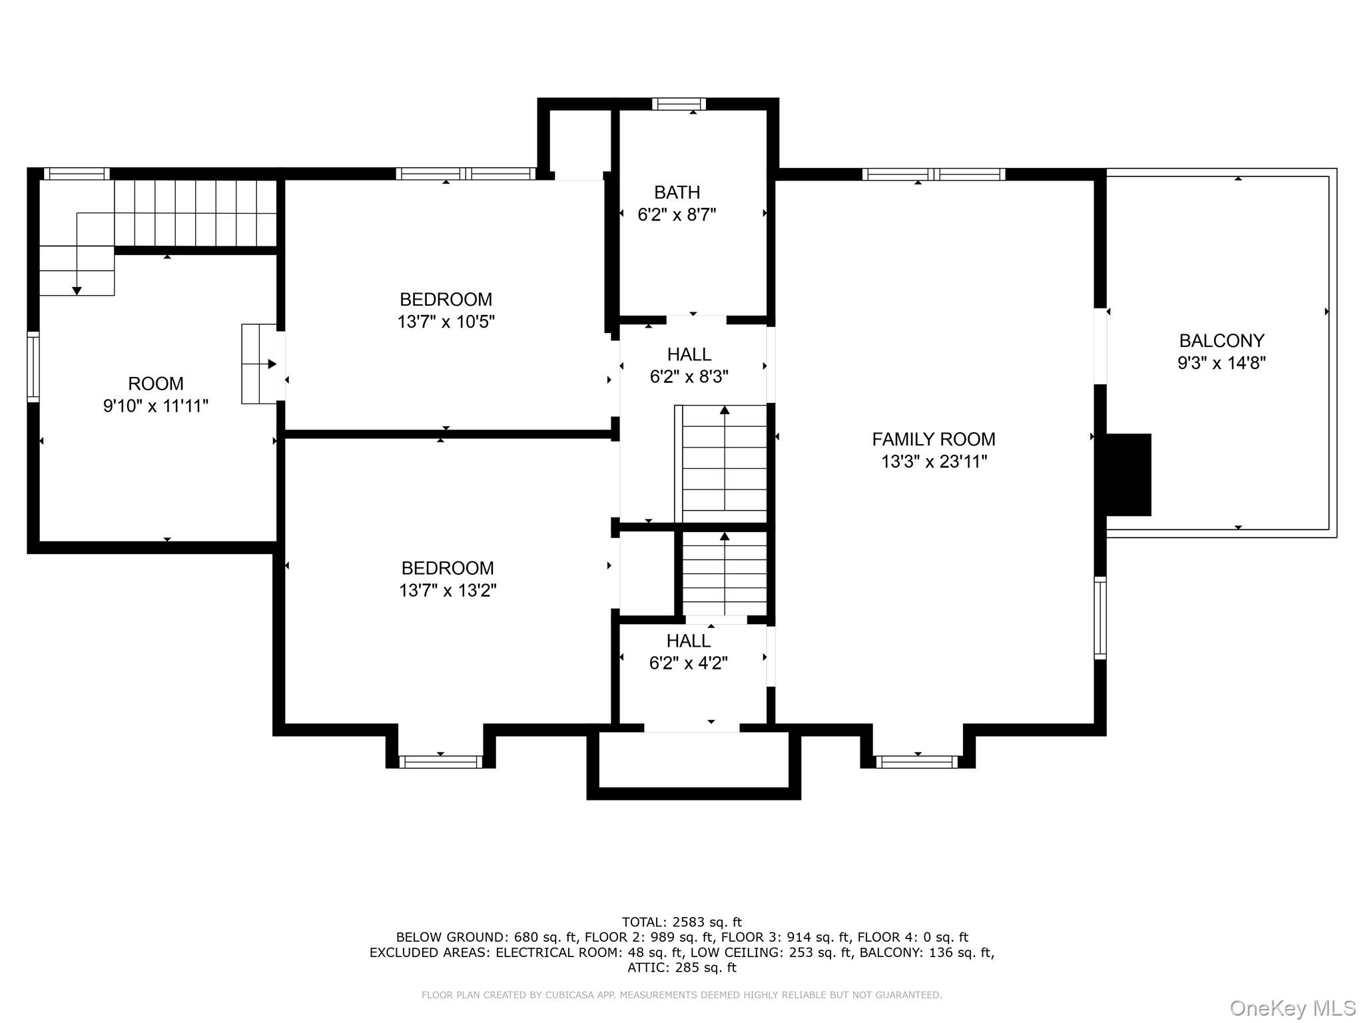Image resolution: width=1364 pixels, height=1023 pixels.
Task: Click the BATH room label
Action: (677, 192)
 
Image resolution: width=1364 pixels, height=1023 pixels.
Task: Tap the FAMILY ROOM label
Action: (933, 440)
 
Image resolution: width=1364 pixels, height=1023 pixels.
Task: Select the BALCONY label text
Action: (1221, 341)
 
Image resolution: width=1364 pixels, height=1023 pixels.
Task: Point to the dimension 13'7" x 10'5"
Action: (446, 322)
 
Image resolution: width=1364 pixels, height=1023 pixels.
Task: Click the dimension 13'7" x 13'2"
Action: (448, 591)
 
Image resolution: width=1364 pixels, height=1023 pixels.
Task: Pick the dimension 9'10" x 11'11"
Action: (155, 406)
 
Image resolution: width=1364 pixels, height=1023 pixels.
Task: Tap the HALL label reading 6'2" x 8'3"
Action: (689, 355)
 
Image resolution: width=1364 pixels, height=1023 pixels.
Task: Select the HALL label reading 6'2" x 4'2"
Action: (688, 641)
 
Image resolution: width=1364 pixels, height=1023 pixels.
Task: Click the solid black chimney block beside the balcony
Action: (1128, 475)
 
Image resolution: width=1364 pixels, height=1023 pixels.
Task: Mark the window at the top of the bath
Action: (678, 104)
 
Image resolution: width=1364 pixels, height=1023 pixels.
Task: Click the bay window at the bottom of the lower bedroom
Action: (440, 762)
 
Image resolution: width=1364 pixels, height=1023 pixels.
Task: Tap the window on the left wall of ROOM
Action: (33, 367)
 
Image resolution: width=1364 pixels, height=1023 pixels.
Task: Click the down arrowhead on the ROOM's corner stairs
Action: (77, 291)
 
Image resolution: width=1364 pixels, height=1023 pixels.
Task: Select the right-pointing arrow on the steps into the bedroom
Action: (272, 364)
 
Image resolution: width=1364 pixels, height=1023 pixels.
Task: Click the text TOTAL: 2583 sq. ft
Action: (681, 922)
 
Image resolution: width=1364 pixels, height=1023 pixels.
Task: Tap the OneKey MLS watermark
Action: (1292, 1008)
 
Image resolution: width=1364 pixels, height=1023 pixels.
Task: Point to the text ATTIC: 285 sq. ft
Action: (681, 968)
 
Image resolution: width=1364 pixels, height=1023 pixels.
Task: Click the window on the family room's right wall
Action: (1100, 618)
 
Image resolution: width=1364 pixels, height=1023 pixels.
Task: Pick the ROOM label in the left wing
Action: (155, 384)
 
